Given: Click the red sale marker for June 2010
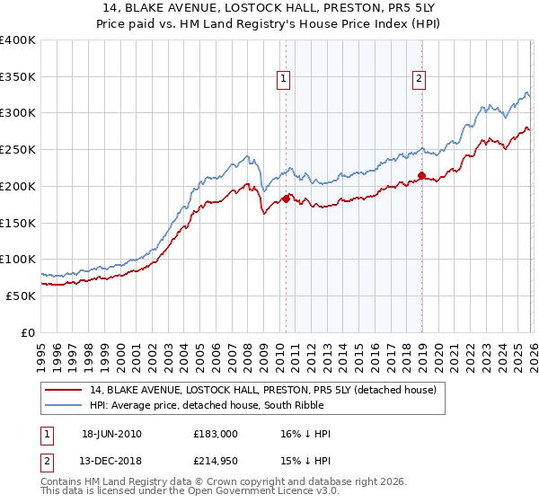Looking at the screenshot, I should [x=286, y=199].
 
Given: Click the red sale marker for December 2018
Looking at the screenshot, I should [x=420, y=175].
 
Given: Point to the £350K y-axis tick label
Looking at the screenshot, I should [x=18, y=77].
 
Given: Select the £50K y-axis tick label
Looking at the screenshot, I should [x=22, y=296].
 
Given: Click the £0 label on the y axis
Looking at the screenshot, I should [x=28, y=332].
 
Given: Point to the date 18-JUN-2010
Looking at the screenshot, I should [x=111, y=434].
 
